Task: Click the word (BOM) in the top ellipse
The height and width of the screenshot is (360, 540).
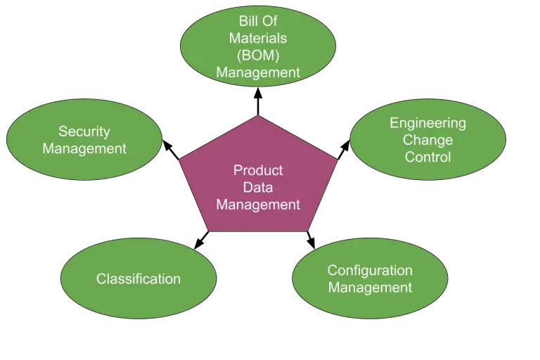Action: point(258,54)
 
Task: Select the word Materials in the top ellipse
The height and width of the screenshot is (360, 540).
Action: point(258,38)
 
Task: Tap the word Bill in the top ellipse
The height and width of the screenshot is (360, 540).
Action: point(247,22)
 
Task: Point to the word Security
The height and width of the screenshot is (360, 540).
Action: point(84,131)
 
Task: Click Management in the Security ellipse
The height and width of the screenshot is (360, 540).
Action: point(84,148)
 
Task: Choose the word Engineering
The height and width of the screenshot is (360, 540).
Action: point(427,123)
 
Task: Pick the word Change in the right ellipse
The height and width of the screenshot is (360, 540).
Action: point(427,140)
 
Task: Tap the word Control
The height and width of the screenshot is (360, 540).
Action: point(427,157)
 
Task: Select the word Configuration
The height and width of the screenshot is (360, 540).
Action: point(370,271)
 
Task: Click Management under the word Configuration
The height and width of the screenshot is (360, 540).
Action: point(370,288)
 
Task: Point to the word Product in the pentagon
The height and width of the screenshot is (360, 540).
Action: point(258,170)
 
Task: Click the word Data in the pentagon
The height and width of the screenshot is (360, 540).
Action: point(258,188)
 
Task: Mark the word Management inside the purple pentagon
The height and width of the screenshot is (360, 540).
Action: point(258,205)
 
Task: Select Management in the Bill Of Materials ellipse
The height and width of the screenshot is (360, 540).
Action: point(258,72)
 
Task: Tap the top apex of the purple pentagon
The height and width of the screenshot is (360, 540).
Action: point(258,116)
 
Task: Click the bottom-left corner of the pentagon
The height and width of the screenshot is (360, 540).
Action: point(210,231)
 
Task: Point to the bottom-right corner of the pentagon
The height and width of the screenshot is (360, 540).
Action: point(307,231)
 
